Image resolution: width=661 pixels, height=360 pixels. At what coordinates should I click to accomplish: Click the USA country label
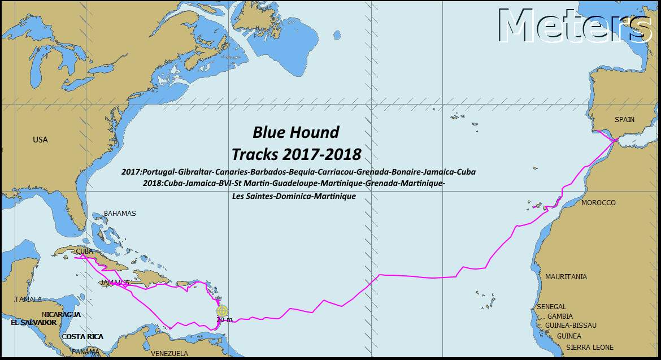tap(40, 140)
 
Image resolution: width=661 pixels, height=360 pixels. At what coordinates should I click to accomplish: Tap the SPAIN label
tap(624, 120)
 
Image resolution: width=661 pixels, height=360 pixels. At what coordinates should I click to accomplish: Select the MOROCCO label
tap(598, 203)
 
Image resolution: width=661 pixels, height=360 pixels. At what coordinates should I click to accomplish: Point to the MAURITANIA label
tap(566, 277)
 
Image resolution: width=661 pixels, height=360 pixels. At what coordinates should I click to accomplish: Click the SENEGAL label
tap(551, 307)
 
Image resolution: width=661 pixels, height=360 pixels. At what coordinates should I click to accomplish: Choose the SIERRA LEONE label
tap(590, 348)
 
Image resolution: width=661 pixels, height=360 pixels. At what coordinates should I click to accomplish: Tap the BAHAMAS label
tap(120, 214)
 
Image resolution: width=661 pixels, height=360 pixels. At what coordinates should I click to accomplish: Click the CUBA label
tap(85, 251)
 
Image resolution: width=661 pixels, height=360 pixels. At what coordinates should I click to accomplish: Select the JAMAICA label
tap(115, 282)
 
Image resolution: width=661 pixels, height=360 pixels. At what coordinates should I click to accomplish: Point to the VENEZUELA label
tap(169, 354)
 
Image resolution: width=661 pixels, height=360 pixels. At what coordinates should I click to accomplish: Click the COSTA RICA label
tap(82, 337)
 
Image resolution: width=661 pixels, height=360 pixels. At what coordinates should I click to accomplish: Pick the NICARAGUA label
tap(61, 315)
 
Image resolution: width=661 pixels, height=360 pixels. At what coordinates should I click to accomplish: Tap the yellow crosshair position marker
tap(222, 310)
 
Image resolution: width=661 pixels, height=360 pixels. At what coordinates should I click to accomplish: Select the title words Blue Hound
tap(295, 132)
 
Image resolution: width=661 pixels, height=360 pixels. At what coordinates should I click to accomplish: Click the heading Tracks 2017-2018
tap(296, 154)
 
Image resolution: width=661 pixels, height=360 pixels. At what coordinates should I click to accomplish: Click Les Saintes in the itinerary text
tap(253, 196)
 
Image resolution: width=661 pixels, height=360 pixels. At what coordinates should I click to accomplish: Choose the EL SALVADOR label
tap(33, 323)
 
